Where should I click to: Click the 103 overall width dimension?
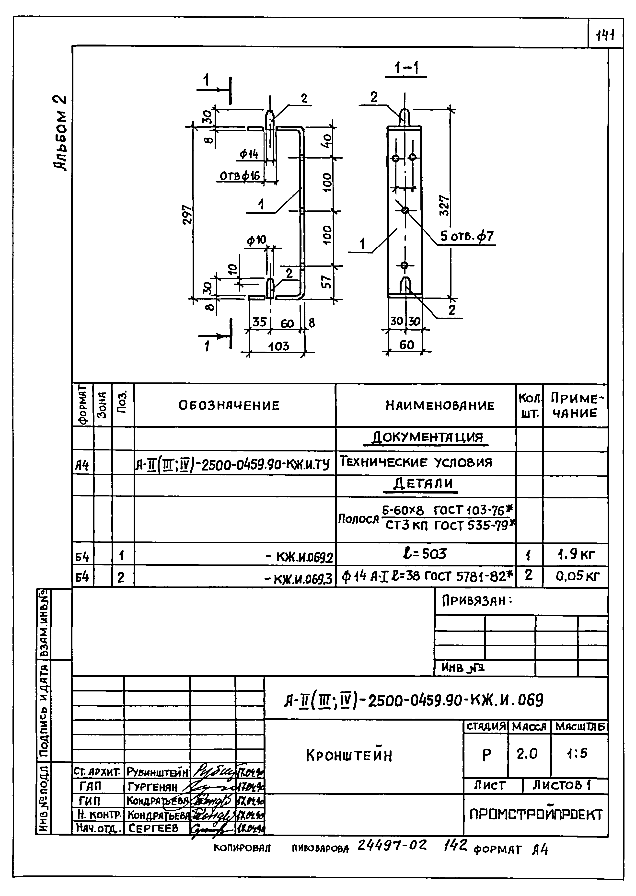point(278,346)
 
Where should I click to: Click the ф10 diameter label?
point(256,241)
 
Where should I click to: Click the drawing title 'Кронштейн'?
point(348,755)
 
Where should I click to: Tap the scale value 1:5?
point(577,753)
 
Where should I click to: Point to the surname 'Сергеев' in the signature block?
point(153,828)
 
